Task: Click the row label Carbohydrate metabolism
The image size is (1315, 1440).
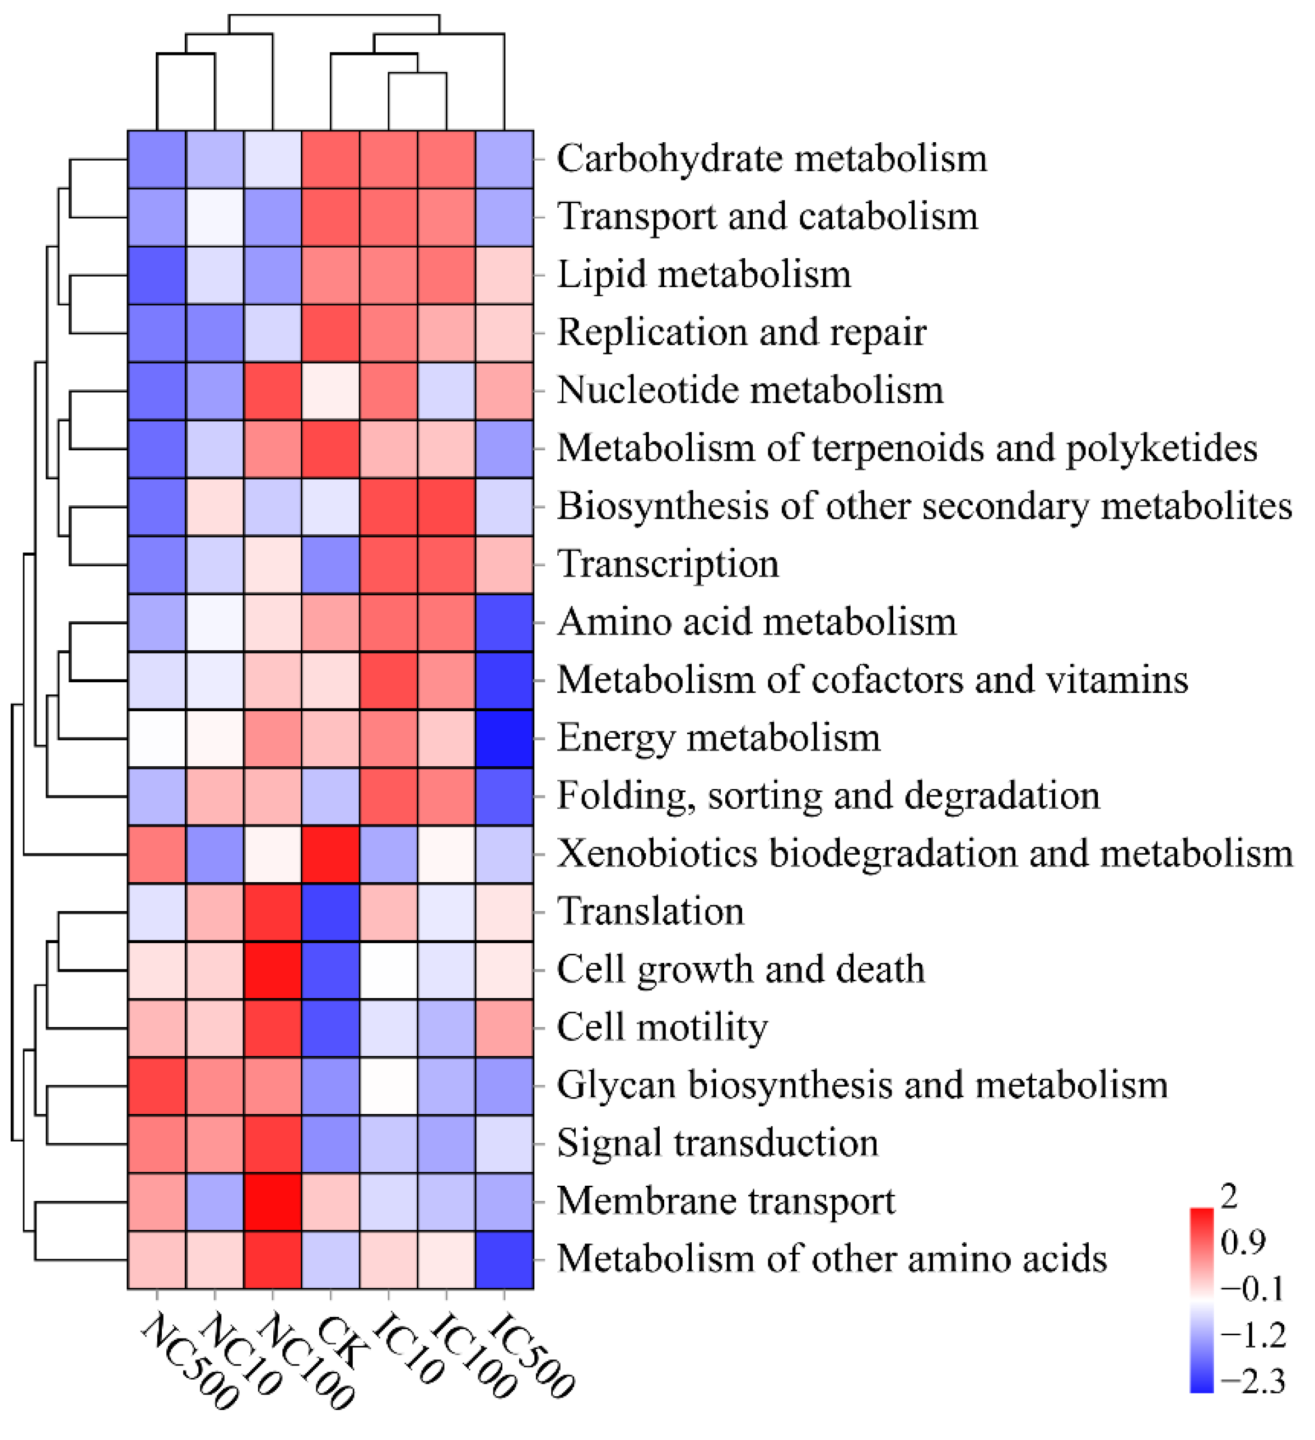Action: point(771,159)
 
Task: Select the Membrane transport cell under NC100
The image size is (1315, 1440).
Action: point(272,1201)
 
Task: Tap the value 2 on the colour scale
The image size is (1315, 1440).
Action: point(1229,1196)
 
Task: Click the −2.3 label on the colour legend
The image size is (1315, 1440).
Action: point(1253,1382)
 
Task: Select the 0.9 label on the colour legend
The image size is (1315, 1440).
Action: point(1243,1242)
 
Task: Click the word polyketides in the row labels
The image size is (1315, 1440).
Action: point(1162,449)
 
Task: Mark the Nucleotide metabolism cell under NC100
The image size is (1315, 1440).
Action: point(272,391)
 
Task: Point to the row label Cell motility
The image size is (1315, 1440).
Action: point(662,1027)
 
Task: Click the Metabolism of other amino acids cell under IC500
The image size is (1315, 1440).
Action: point(504,1259)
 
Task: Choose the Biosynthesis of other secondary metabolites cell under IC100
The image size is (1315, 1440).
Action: point(446,506)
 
